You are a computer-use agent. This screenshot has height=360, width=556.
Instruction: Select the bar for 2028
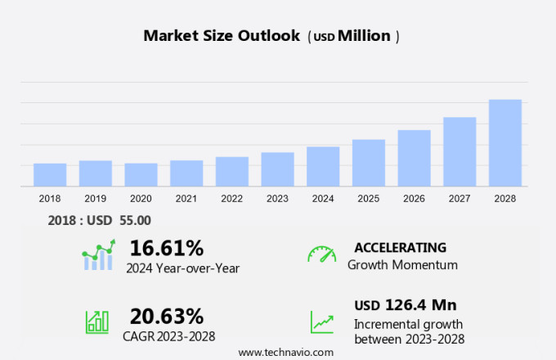505,143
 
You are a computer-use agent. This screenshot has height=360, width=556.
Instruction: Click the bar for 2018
50,175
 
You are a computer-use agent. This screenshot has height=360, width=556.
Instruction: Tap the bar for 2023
277,169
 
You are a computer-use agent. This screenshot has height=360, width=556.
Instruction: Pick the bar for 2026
414,158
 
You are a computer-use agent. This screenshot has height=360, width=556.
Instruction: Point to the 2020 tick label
141,199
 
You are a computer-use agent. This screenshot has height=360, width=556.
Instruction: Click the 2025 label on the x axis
368,199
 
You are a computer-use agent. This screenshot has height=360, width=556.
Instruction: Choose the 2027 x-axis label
460,199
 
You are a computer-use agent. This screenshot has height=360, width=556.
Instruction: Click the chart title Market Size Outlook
222,36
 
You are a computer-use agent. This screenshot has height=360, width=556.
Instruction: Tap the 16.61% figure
166,248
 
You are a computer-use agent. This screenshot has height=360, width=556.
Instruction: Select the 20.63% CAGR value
166,316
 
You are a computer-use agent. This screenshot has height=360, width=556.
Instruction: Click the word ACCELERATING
400,247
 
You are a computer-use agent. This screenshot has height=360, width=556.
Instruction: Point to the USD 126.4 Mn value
405,305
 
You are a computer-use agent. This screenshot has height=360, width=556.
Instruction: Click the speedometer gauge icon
321,254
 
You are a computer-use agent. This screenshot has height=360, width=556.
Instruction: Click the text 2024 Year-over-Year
182,267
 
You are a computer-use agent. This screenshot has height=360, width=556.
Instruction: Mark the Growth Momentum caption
402,265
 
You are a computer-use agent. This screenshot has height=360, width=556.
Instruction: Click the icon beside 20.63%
97,322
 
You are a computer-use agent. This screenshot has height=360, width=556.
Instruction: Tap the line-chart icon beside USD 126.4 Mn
321,322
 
